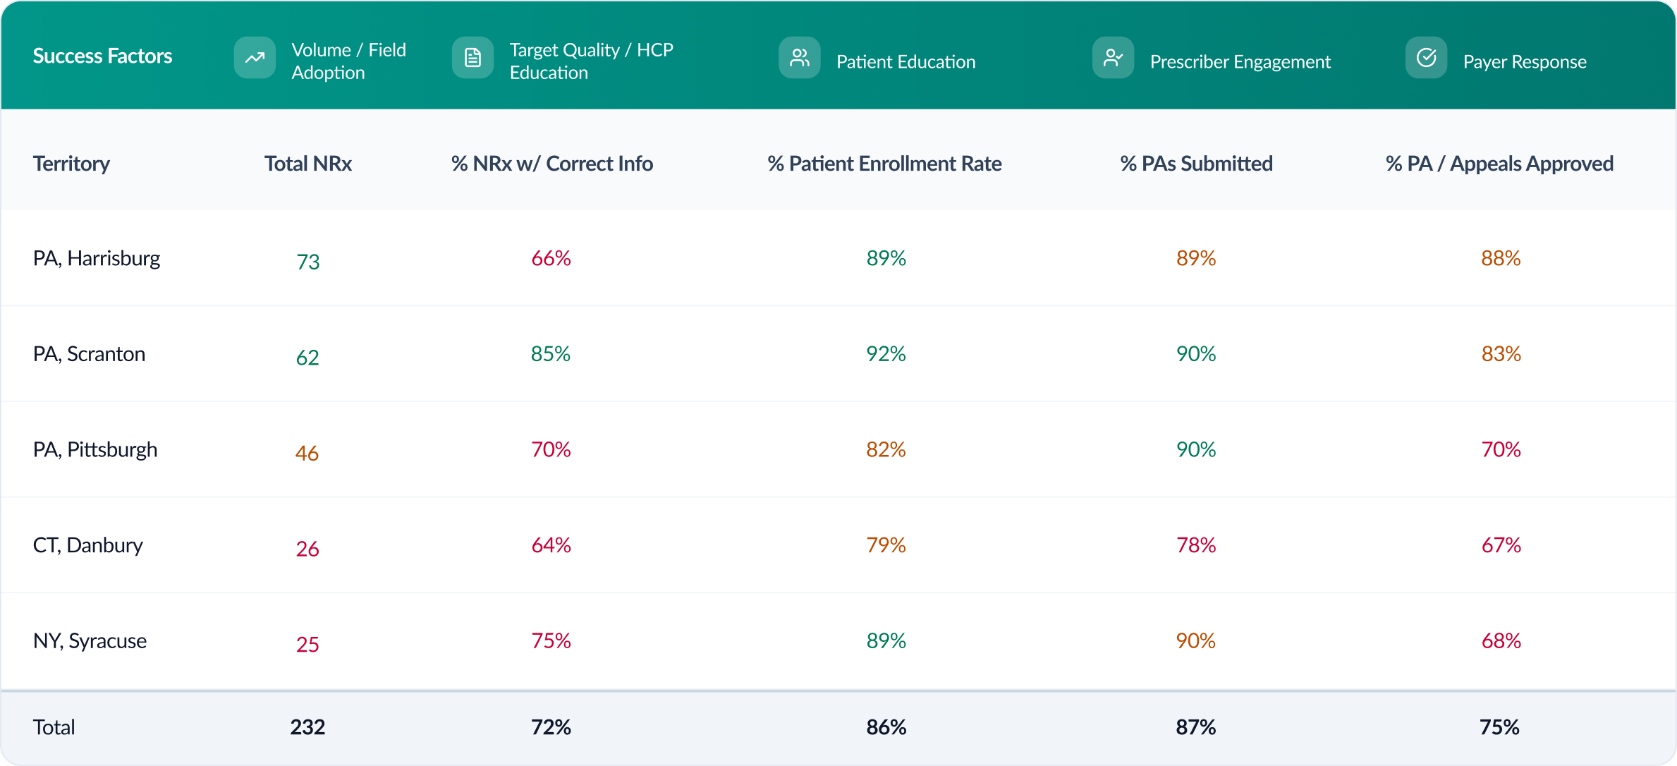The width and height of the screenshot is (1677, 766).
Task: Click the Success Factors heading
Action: [102, 56]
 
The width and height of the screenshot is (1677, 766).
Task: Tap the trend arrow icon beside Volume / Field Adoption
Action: [255, 58]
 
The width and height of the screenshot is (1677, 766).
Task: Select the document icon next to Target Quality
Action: [472, 58]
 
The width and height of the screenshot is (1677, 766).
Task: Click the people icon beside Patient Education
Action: [799, 58]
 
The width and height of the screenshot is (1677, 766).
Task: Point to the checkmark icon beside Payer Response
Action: [1426, 58]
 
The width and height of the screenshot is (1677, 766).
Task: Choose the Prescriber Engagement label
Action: [1240, 62]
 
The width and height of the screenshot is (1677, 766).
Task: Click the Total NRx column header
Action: [307, 164]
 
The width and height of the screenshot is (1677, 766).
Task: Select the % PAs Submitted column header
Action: [1196, 164]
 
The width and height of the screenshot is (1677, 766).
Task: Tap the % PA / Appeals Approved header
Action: [1499, 164]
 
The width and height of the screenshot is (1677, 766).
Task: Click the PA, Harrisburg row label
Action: [97, 258]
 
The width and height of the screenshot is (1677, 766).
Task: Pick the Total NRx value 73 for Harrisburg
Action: [308, 262]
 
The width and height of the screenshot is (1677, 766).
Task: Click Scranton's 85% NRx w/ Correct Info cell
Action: [551, 353]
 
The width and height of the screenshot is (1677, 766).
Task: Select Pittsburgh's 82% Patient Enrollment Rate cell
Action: [886, 449]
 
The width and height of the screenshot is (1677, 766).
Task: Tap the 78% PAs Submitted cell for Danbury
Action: [1196, 545]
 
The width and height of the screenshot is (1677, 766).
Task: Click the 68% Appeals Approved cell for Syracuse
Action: [1501, 640]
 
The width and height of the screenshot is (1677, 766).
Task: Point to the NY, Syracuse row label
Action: [90, 640]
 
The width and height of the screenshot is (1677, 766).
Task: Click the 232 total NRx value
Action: [307, 727]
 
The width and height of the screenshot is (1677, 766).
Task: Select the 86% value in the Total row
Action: [886, 727]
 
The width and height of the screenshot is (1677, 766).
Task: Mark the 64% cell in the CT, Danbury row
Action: [551, 545]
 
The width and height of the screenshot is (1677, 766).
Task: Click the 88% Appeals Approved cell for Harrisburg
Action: [1501, 258]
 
